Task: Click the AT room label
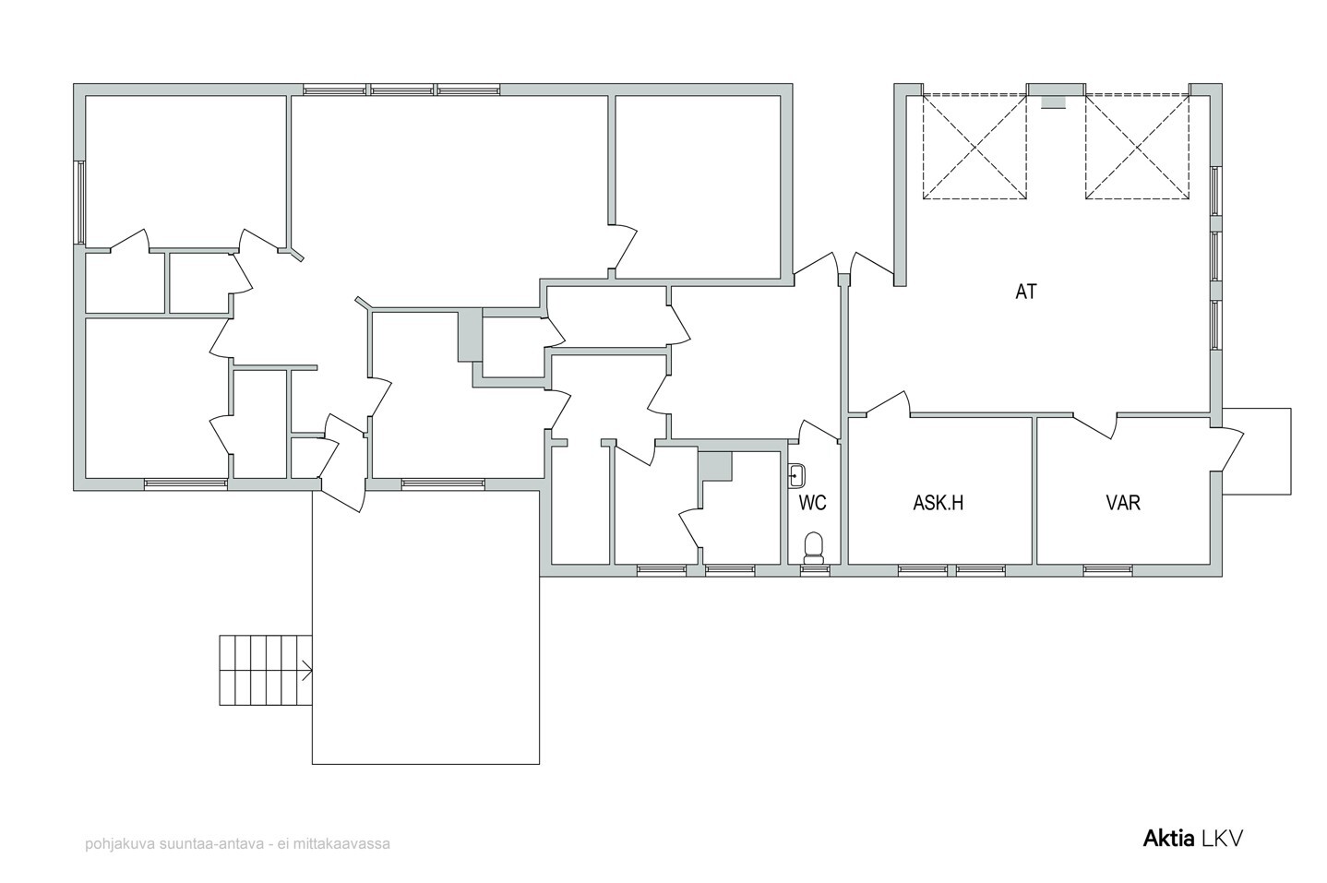[1026, 292]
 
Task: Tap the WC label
[812, 503]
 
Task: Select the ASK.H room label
[938, 503]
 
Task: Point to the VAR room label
[1123, 503]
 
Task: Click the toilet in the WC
[814, 548]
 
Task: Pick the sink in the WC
[796, 475]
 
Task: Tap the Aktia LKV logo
[1192, 839]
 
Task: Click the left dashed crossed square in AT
[974, 147]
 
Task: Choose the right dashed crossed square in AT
[1137, 147]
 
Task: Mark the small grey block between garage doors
[1053, 102]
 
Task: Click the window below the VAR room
[1107, 570]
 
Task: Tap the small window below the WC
[815, 570]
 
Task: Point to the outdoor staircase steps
[266, 670]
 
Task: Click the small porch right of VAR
[1256, 451]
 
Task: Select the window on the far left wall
[81, 202]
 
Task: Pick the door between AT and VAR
[1095, 425]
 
